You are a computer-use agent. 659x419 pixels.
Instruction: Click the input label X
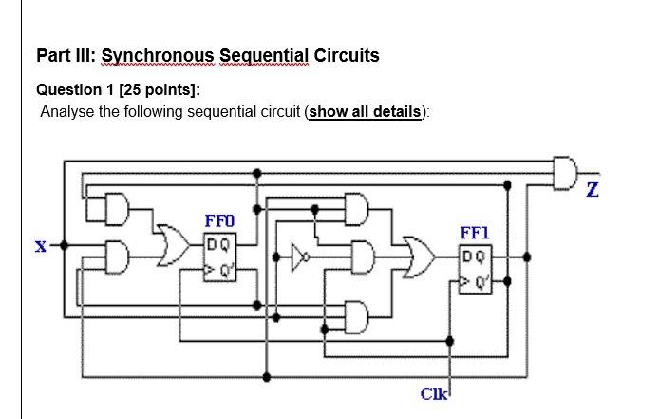[40, 246]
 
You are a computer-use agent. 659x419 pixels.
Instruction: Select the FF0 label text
[218, 221]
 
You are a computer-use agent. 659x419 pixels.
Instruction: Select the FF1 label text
[475, 233]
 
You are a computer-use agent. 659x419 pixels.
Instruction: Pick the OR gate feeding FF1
[419, 257]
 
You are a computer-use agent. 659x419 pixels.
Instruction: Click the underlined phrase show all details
[366, 112]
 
